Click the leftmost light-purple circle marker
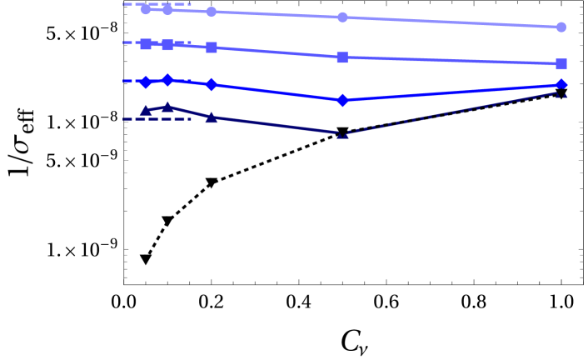(146, 9)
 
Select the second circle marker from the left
(167, 10)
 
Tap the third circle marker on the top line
(212, 12)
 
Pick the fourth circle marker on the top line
(342, 17)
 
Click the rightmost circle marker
(561, 27)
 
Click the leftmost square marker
(146, 43)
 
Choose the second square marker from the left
(167, 44)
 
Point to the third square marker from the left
(212, 47)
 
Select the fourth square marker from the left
(342, 57)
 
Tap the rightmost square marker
(561, 64)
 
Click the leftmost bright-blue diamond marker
(146, 82)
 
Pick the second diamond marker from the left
(167, 80)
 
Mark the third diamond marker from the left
(212, 85)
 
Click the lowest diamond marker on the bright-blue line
(342, 100)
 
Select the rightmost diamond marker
(561, 84)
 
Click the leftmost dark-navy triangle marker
(146, 110)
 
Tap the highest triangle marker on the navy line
(167, 107)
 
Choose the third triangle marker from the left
(212, 117)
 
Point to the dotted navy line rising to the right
(450, 113)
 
